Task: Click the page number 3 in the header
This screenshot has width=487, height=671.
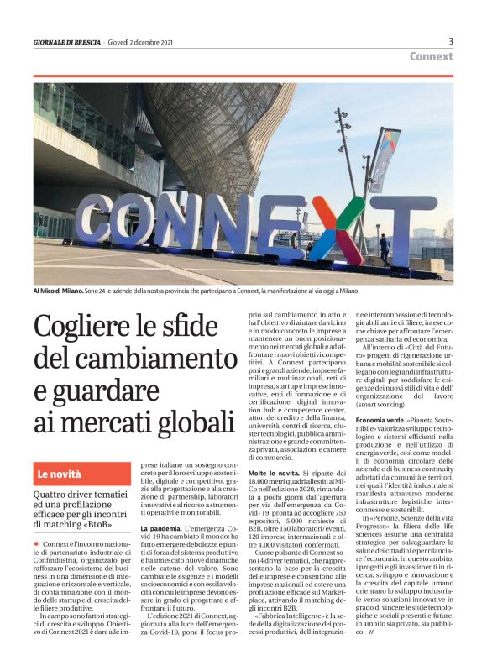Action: [451, 41]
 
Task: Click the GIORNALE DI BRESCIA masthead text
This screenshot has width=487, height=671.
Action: [67, 43]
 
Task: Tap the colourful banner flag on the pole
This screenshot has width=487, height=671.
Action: [385, 159]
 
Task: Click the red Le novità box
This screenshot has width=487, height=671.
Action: [82, 474]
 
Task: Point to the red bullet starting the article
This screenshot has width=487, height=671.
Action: [37, 545]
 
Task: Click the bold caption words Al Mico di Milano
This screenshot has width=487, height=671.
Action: [59, 291]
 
